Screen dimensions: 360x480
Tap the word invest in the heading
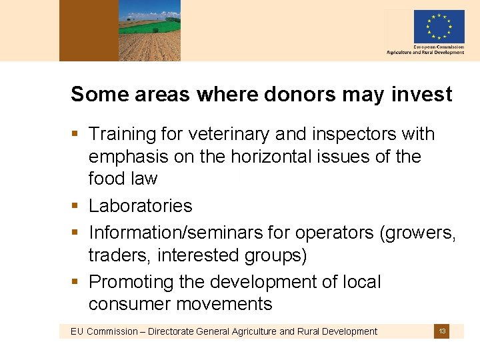coord(422,95)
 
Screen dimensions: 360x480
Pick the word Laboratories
coord(140,206)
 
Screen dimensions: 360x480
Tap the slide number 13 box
coord(442,331)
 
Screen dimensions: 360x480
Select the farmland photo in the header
coord(149,31)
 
